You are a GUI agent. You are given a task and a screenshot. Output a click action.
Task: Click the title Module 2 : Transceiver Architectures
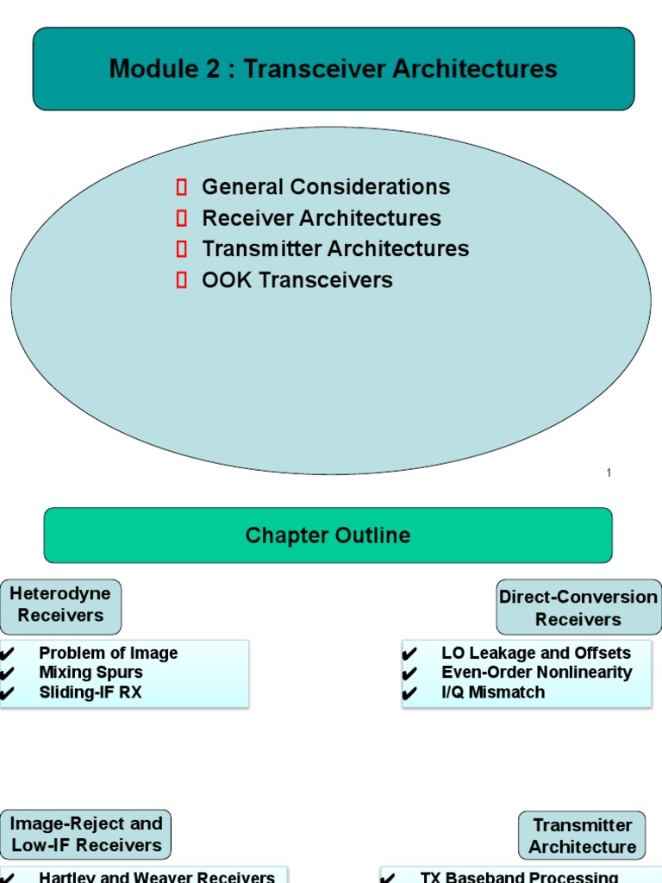click(333, 69)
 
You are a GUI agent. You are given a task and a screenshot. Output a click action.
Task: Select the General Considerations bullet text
click(326, 187)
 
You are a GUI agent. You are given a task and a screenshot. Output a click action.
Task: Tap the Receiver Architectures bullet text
click(321, 218)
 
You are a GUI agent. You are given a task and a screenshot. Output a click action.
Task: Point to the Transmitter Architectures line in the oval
click(335, 249)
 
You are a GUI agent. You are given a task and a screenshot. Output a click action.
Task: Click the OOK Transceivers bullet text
click(297, 280)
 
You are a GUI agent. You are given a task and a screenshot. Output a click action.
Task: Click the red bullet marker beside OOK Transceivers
click(182, 280)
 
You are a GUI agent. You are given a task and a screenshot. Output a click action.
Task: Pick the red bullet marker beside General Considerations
click(182, 187)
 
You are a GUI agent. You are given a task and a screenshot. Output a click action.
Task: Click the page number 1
click(609, 473)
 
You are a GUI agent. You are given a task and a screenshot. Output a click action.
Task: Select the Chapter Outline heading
click(328, 535)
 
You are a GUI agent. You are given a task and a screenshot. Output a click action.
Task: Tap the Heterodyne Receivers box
click(60, 604)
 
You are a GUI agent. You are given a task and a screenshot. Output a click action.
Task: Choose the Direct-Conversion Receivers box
click(578, 608)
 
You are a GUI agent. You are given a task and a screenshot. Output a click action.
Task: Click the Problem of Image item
click(109, 654)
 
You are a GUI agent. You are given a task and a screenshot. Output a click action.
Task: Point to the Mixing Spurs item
click(91, 673)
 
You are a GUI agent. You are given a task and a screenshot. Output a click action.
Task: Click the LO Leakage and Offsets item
click(535, 654)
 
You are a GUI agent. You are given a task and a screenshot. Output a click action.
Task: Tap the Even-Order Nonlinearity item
click(536, 673)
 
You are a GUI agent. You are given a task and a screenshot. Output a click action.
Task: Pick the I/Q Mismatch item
click(492, 692)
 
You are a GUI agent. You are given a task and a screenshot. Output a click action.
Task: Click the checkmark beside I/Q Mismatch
click(410, 693)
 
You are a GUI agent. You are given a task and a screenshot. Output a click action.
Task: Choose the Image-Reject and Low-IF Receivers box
click(86, 835)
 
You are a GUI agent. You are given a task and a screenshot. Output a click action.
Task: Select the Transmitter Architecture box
click(582, 836)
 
